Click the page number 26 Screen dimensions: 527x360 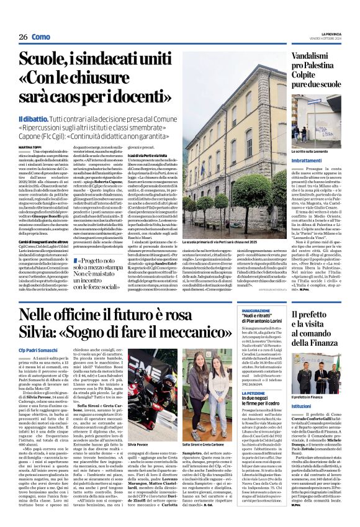coord(23,37)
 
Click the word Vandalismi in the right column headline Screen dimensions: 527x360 coord(315,56)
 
